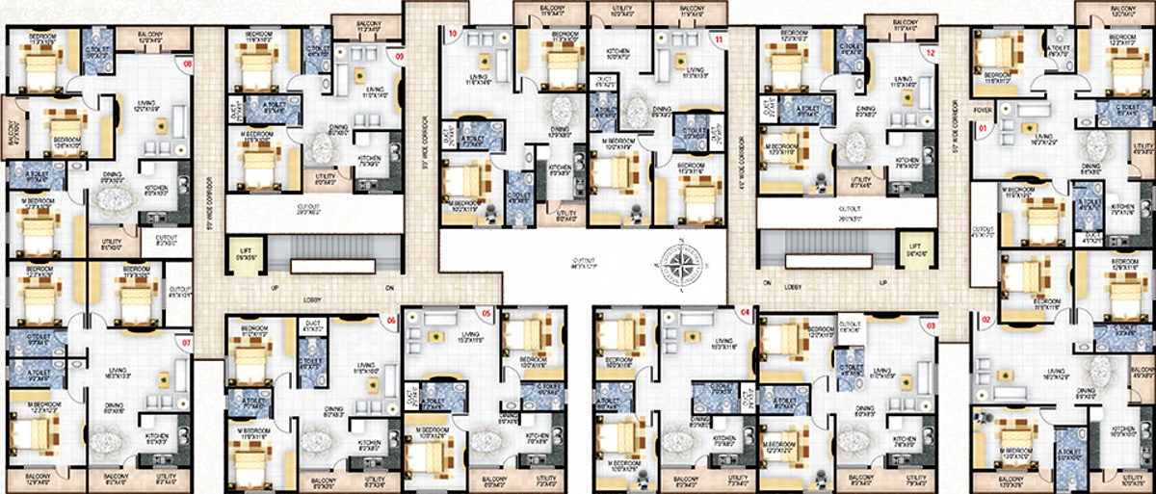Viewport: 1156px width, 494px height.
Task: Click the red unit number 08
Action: click(188, 65)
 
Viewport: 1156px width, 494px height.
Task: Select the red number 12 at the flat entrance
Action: click(930, 55)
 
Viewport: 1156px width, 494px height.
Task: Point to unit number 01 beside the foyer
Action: click(984, 127)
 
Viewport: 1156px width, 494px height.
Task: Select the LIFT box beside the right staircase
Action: click(913, 251)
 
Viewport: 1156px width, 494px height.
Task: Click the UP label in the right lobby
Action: click(883, 284)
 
